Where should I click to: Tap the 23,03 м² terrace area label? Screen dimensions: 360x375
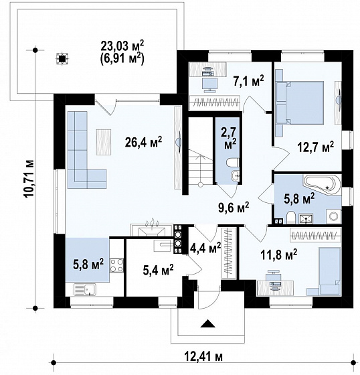(x=122, y=46)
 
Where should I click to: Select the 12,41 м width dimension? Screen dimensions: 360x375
(x=203, y=357)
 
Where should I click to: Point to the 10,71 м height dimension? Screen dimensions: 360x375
(x=29, y=178)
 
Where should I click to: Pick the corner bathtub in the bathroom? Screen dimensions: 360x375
(x=321, y=183)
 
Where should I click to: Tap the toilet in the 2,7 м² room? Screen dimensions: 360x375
(x=232, y=163)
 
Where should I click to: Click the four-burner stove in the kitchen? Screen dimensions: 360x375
(x=116, y=265)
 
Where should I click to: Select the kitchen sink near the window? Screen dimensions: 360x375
(x=85, y=289)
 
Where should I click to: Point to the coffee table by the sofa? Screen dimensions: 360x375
(x=104, y=142)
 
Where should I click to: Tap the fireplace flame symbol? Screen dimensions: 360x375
(x=152, y=223)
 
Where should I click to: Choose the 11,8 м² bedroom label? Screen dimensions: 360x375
(x=279, y=255)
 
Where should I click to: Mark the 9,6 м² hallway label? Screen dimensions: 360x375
(x=234, y=208)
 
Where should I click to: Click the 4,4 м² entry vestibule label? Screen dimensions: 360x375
(x=205, y=248)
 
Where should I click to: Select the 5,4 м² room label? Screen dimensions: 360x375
(x=158, y=271)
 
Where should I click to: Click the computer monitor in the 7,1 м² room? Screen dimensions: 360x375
(x=210, y=85)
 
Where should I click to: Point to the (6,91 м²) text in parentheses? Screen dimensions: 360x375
(x=122, y=59)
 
